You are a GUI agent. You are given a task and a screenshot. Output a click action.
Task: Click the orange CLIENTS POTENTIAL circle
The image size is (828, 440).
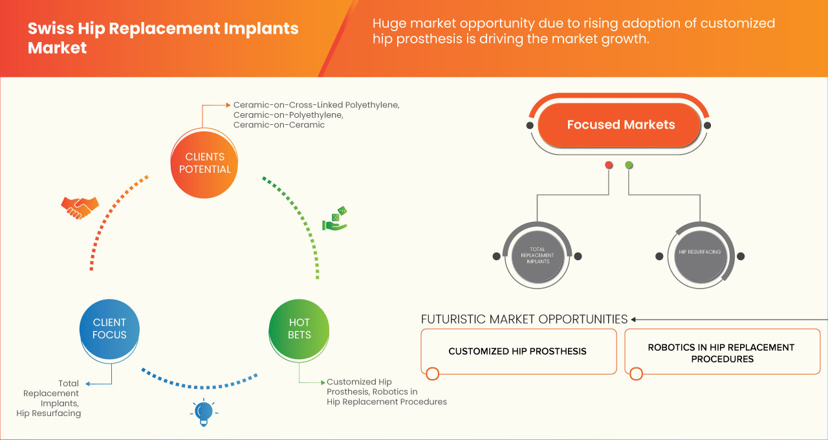click(x=204, y=163)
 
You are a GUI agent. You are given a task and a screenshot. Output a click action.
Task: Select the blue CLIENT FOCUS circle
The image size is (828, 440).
click(x=109, y=329)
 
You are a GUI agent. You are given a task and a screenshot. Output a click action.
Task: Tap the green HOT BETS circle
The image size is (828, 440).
click(x=299, y=329)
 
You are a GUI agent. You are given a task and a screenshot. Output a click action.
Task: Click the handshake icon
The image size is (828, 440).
click(x=80, y=207)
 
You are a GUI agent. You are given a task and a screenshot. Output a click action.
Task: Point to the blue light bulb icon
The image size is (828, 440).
click(x=204, y=412)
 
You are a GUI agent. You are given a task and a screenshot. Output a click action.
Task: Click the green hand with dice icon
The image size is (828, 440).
click(x=334, y=219)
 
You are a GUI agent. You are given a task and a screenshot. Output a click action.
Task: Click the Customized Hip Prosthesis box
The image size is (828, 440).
click(x=517, y=351)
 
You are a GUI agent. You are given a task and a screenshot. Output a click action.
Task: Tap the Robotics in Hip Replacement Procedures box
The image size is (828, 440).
click(x=722, y=353)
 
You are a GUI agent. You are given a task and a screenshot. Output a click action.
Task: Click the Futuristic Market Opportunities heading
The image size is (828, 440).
click(x=524, y=319)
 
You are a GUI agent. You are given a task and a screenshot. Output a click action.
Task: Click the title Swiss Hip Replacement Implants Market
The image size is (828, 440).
click(x=163, y=38)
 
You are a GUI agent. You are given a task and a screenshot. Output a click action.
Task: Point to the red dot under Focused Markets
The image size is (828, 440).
click(x=609, y=166)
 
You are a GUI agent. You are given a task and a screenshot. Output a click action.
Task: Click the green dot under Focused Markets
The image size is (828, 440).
click(x=629, y=166)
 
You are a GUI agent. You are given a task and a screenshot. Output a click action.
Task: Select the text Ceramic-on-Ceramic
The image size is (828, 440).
click(x=279, y=125)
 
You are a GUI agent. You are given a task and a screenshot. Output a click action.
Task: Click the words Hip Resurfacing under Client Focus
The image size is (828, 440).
click(x=49, y=413)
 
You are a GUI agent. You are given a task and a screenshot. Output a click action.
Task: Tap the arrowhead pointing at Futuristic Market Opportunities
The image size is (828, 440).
click(x=634, y=319)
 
